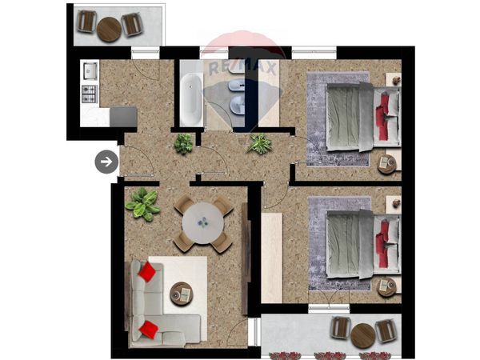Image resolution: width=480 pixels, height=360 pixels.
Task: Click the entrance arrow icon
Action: coord(106,162)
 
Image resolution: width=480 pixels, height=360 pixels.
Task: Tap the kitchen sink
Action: coord(90,70)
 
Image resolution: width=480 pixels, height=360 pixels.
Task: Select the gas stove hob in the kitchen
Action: coord(89,94)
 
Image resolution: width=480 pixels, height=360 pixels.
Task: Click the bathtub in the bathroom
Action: coord(190,100)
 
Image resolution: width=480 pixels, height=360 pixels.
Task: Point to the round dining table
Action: coord(203,223)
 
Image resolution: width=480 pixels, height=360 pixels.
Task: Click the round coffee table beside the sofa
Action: coord(182,294)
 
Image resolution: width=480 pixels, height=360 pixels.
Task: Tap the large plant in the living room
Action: coord(142,204)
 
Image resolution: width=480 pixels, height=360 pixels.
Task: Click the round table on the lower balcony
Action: coord(363,336)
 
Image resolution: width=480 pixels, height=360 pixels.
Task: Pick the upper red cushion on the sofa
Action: coord(147,271)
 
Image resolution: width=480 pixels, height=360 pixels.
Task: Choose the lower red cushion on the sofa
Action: coord(149,330)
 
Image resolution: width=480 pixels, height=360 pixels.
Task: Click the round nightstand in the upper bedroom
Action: coord(386,164)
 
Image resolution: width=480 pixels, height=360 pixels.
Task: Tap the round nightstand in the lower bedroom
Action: coord(387,286)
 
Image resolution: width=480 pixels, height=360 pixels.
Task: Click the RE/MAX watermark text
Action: coord(243,68)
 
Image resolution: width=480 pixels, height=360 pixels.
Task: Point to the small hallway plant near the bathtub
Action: coord(184,143)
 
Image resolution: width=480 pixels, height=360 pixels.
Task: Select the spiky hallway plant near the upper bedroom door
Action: coord(259,143)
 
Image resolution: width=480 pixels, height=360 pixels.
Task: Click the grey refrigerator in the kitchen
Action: coord(123,117)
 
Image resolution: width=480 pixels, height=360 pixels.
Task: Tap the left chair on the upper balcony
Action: coord(87,21)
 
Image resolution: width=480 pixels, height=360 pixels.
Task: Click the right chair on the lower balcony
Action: coord(386,331)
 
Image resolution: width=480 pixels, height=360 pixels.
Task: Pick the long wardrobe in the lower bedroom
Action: coord(272,258)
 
